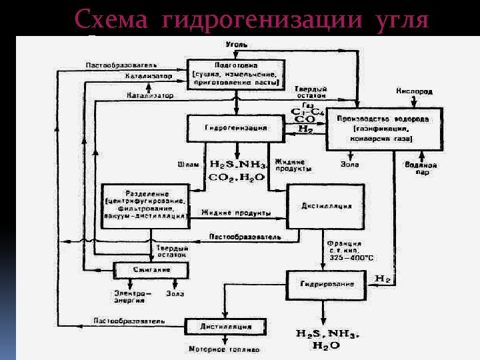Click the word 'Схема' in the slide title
pos(112,19)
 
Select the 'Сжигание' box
pos(151,269)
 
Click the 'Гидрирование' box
pos(327,284)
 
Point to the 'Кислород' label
pos(415,91)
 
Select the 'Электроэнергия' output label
pos(129,296)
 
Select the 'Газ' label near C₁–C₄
pos(307,105)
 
